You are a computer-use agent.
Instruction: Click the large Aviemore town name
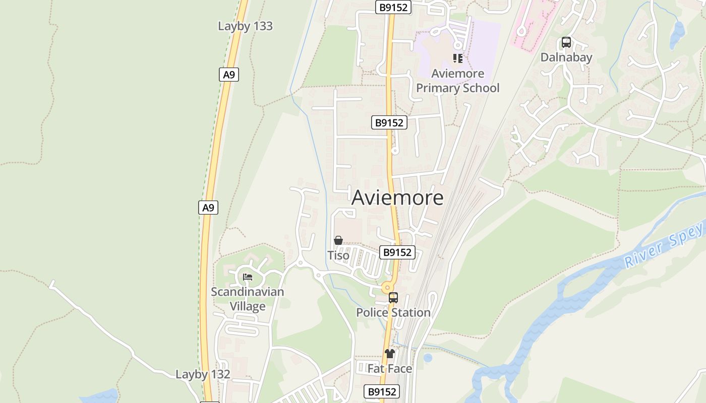click(x=397, y=197)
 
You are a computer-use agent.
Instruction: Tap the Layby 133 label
click(x=245, y=26)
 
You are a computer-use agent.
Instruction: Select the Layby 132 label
click(x=203, y=374)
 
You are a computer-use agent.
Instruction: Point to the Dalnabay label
click(x=566, y=57)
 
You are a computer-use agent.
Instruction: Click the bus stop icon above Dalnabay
click(x=566, y=42)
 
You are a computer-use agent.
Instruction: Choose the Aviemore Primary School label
click(x=457, y=81)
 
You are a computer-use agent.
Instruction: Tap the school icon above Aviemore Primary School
click(x=457, y=58)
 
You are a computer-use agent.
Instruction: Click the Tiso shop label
click(x=338, y=255)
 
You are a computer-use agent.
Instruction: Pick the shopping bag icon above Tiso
click(x=338, y=241)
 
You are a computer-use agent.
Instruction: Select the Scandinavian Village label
click(x=247, y=299)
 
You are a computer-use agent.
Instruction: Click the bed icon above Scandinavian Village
click(x=247, y=277)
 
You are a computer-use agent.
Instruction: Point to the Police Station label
click(x=393, y=312)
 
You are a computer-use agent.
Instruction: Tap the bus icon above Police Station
click(x=393, y=298)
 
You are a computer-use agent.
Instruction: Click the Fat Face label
click(x=389, y=369)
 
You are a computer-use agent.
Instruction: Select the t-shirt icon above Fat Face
click(x=389, y=354)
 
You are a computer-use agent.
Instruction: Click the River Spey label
click(x=664, y=246)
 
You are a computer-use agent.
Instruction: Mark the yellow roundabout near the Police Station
click(x=387, y=288)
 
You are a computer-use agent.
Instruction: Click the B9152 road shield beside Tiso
click(x=397, y=252)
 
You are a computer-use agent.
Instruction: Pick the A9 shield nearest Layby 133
click(x=229, y=75)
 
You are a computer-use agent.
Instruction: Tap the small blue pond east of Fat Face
click(x=428, y=358)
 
